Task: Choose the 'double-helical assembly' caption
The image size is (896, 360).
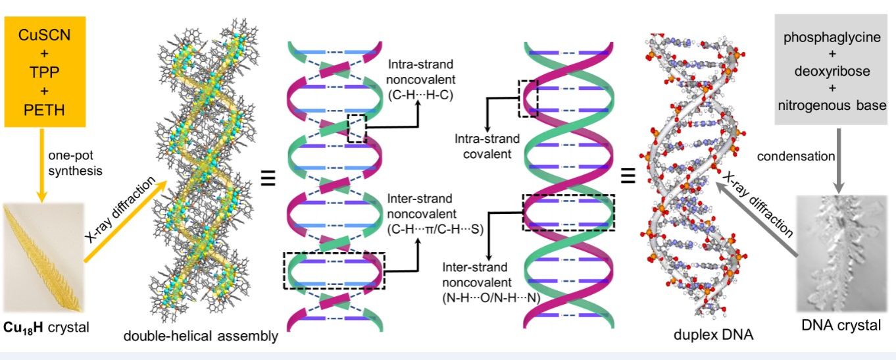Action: point(201,337)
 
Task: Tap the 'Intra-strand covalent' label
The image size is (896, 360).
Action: point(487,146)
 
